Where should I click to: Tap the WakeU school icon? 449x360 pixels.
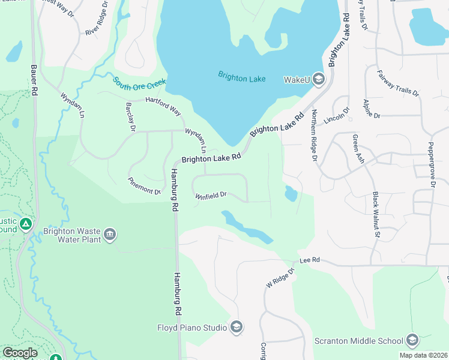pos(318,80)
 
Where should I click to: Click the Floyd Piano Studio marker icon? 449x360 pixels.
pos(237,327)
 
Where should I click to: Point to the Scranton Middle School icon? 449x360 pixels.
pos(412,340)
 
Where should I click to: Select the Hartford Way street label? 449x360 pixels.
pos(162,107)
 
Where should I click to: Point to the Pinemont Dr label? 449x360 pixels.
pos(144,186)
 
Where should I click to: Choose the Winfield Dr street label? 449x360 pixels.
pos(210,195)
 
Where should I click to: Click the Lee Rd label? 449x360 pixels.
pos(310,260)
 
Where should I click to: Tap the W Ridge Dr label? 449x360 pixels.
pos(281,278)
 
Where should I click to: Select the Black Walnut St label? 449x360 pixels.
pos(376,214)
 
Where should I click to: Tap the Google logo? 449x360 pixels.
pos(20,352)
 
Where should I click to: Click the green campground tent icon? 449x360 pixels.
pos(25,224)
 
